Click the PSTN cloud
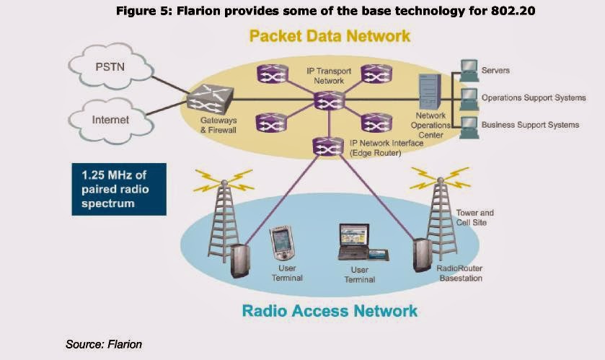pos(111,66)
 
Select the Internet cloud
pos(111,120)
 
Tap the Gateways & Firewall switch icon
pos(211,99)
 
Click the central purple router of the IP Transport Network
pos(329,100)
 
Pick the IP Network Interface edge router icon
pos(328,146)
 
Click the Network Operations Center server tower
pos(430,92)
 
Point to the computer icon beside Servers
pos(469,70)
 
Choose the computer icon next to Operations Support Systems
pos(469,99)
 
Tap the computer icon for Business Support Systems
pos(469,127)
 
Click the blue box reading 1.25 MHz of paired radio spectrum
pos(119,189)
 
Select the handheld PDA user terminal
pos(282,243)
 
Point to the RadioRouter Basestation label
pos(460,273)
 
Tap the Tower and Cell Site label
pos(474,218)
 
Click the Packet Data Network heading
pos(330,36)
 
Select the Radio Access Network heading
pos(330,311)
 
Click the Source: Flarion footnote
pos(104,344)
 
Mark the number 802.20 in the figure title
pos(513,10)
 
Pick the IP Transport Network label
pos(329,76)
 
